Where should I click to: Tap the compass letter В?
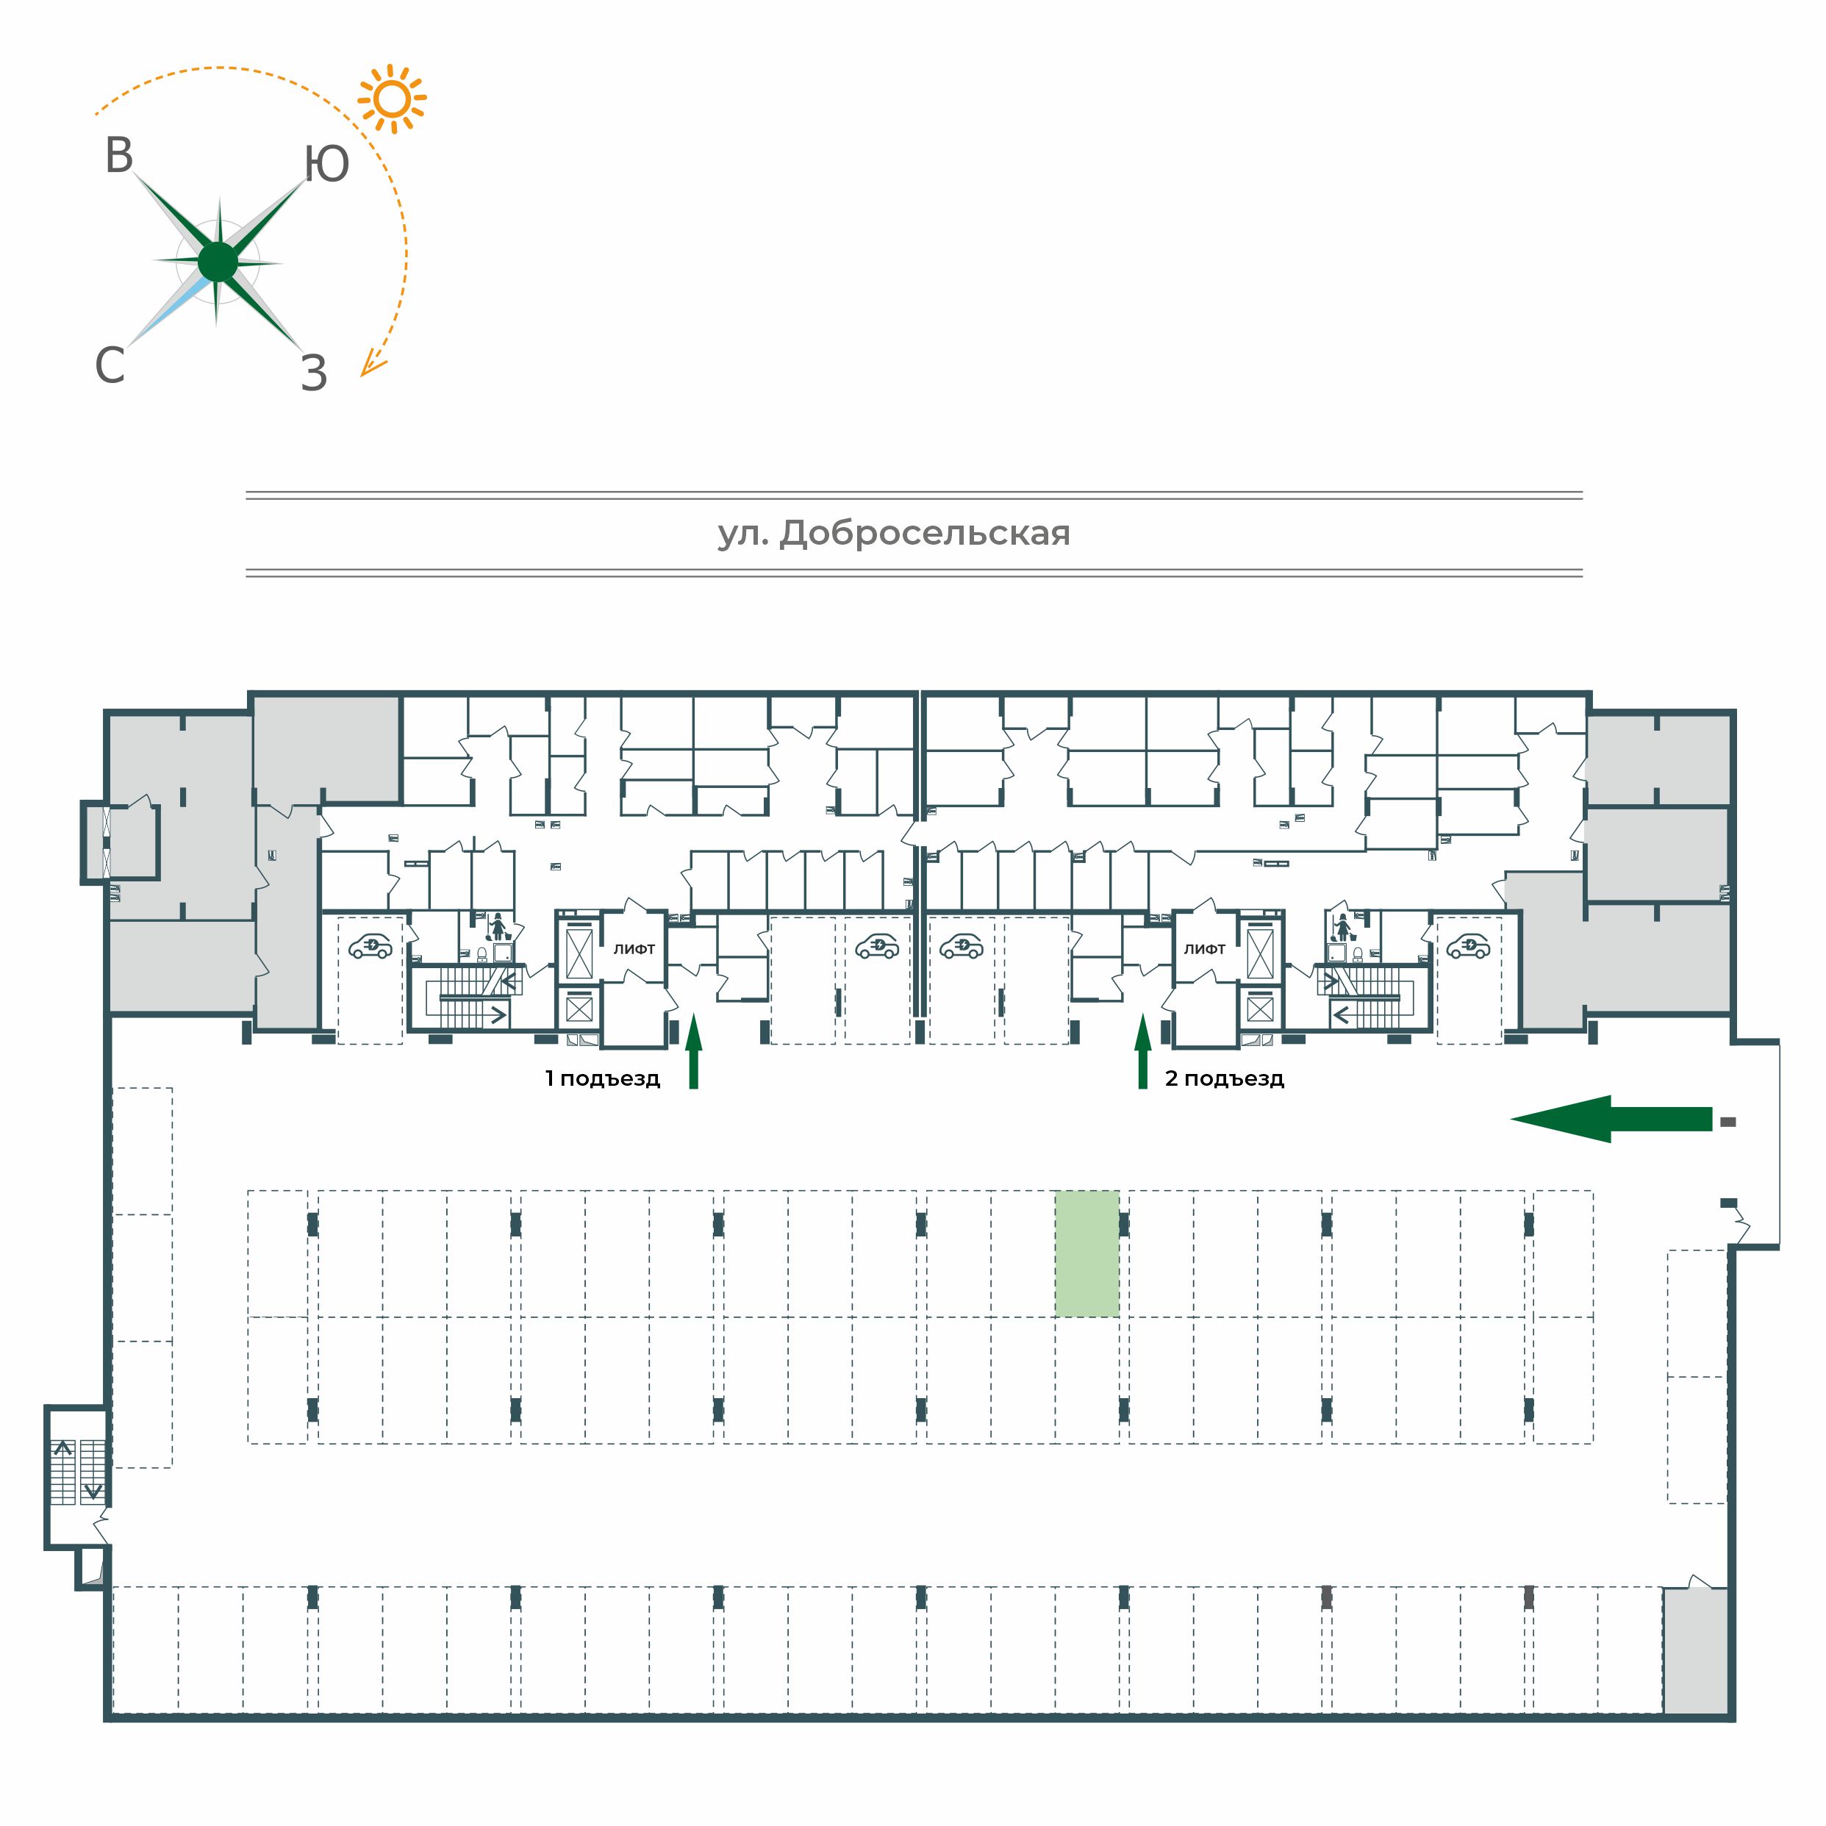point(119,156)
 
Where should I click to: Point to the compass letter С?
point(110,365)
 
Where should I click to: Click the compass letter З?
point(314,373)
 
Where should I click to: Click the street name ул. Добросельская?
point(894,533)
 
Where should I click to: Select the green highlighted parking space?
point(1087,1253)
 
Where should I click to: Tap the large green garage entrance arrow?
point(1611,1119)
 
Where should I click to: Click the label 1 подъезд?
point(602,1078)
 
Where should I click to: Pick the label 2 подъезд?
point(1224,1078)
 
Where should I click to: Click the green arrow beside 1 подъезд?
point(694,1051)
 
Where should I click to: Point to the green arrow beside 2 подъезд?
point(1142,1051)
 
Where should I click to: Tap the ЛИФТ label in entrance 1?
point(634,949)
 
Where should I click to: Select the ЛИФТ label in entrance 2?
point(1204,949)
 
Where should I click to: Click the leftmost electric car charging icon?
point(370,946)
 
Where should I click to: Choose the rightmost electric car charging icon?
point(1469,946)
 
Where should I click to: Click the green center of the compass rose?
point(218,262)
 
